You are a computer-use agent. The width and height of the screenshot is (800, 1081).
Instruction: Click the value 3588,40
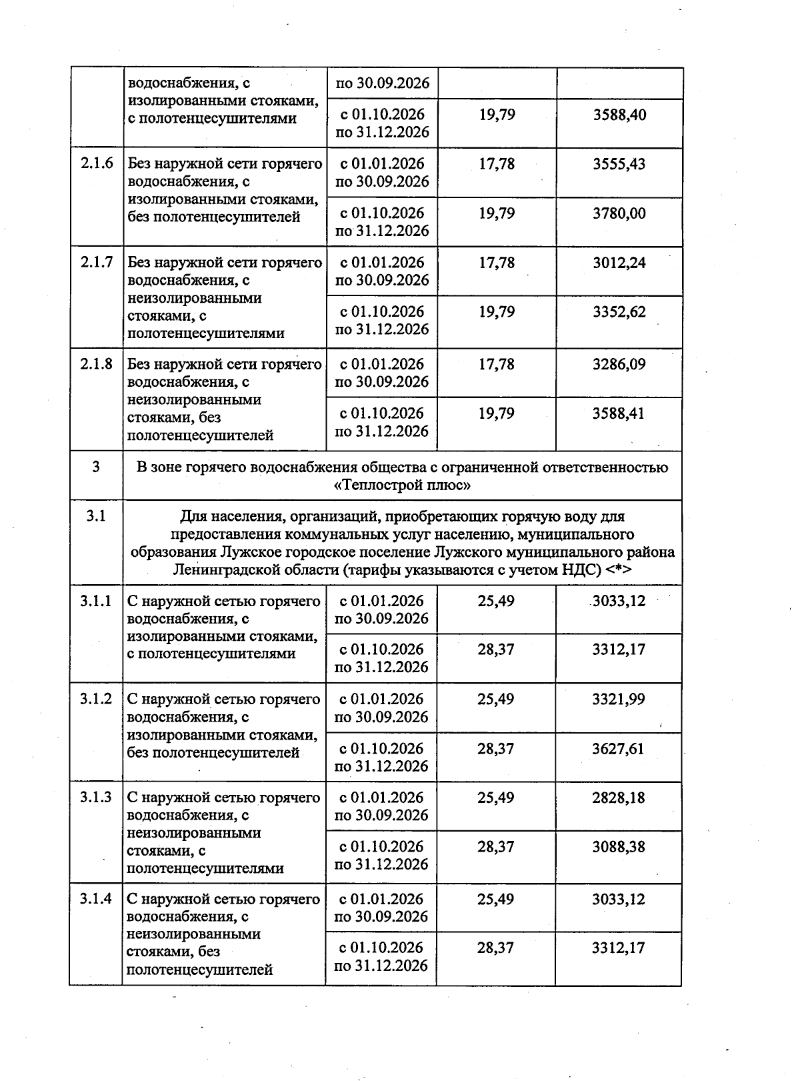pos(619,115)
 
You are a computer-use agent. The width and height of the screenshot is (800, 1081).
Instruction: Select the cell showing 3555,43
pos(619,164)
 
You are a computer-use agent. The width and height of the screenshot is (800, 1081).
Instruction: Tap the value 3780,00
pos(619,213)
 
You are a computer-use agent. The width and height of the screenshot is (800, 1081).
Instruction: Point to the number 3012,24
pos(619,263)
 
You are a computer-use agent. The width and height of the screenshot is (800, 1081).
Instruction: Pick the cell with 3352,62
pos(619,312)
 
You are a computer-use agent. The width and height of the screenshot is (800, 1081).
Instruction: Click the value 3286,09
pos(619,364)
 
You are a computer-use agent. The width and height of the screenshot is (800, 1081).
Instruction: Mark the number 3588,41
pos(619,413)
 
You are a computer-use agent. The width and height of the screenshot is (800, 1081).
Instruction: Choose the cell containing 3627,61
pos(618,749)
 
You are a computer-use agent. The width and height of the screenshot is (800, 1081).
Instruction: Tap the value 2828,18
pos(618,798)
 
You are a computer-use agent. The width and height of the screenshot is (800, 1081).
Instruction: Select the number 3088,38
pos(618,847)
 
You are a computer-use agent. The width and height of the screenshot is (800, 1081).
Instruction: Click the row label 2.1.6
pos(97,164)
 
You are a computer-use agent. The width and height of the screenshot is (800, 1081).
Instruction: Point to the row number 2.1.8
pos(97,364)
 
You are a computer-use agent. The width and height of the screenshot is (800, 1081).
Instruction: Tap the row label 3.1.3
pos(96,798)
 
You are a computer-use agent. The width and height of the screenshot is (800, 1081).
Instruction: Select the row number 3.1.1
pos(96,601)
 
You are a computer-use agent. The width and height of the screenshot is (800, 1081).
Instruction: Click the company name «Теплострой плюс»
pos(402,485)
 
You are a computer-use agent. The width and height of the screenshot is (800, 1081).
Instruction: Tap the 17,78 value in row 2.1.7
pos(497,263)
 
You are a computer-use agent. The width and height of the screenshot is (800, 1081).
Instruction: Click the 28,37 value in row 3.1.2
pos(495,749)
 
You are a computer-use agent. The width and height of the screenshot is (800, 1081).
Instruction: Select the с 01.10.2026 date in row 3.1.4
pos(381,948)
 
